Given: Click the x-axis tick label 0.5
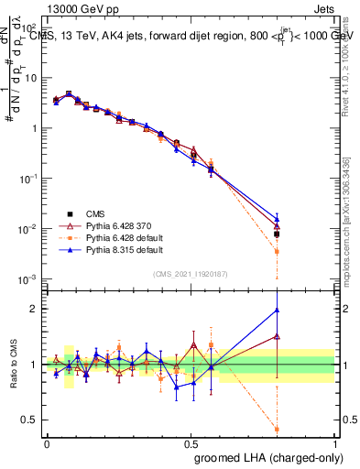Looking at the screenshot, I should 191,442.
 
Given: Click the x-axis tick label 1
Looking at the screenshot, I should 335,442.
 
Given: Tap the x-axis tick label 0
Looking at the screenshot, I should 47,442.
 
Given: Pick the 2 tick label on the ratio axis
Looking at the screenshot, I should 36,309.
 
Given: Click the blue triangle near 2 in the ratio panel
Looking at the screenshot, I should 277,311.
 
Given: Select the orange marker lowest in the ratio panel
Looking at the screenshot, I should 277,429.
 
